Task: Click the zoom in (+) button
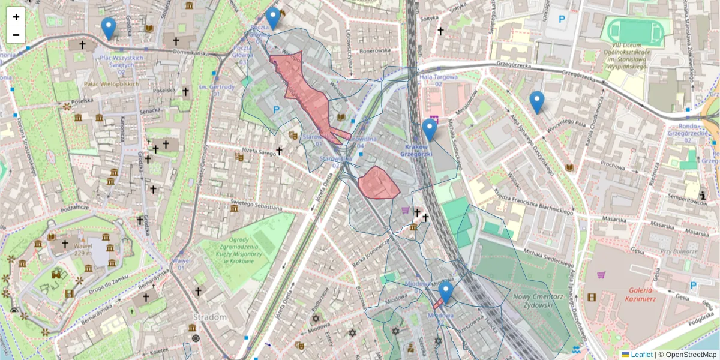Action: [x=16, y=17]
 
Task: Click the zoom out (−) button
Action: [x=16, y=35]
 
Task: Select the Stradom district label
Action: [x=209, y=316]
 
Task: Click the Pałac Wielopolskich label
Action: [x=112, y=84]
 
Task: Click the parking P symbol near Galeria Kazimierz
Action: [x=694, y=286]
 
